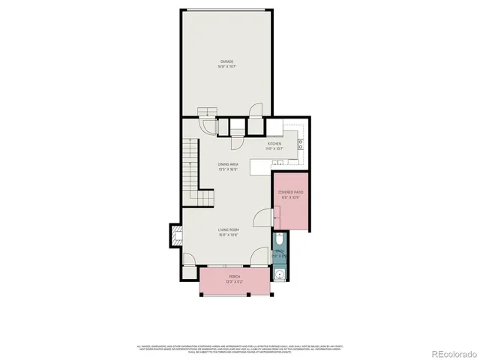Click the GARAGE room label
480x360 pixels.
click(226, 61)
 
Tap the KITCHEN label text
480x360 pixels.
click(274, 143)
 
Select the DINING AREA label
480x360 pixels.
click(228, 164)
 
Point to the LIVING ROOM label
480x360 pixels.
click(228, 229)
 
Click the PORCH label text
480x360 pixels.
click(235, 276)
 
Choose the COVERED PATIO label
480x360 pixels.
click(290, 193)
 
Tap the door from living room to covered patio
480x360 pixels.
click(260, 217)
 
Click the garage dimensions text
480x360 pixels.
click(226, 66)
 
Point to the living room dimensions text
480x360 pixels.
click(228, 234)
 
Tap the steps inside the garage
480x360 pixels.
click(205, 113)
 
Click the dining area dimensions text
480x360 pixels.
click(228, 169)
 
